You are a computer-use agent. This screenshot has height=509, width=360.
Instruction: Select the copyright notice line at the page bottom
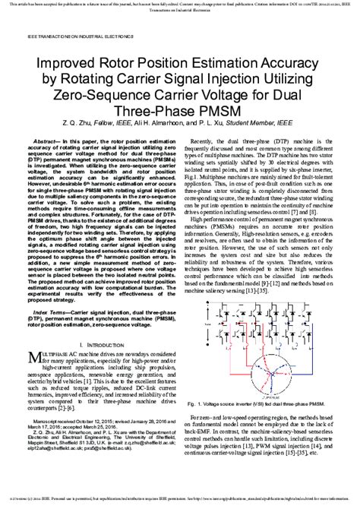tap(180, 502)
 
